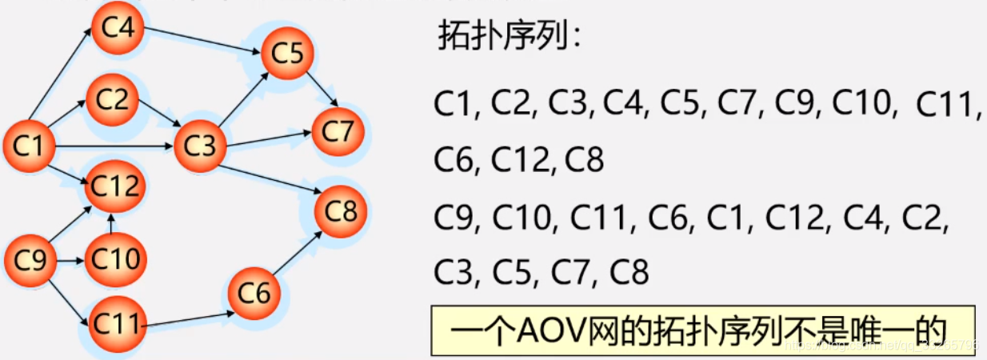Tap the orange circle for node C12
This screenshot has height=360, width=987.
114,186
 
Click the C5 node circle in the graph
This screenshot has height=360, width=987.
287,54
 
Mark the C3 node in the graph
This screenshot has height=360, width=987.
200,146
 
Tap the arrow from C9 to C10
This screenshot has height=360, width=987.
70,260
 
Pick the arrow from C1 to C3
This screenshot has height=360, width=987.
112,146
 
